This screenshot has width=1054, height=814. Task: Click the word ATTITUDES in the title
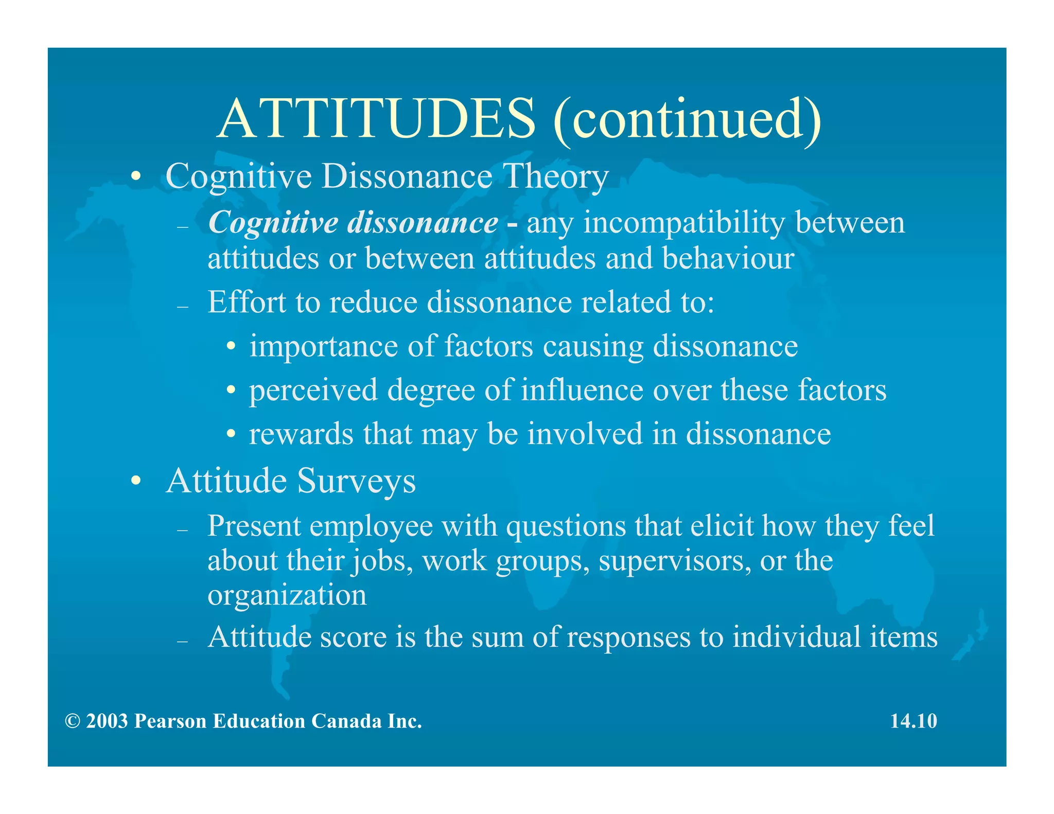376,119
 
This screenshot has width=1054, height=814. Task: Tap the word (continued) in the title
687,119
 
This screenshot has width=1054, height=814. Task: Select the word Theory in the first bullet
556,177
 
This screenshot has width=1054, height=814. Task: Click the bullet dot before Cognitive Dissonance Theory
135,177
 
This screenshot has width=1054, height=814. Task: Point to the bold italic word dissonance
423,223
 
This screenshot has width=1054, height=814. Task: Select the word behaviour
728,258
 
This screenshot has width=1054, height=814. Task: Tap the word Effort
247,302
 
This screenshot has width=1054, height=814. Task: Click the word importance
324,346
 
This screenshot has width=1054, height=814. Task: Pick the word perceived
313,391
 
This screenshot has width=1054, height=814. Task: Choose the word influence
582,390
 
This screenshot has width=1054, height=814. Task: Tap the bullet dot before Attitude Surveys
135,482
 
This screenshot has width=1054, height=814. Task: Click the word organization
287,595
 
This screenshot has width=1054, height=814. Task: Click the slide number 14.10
914,721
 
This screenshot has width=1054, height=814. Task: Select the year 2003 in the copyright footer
107,721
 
